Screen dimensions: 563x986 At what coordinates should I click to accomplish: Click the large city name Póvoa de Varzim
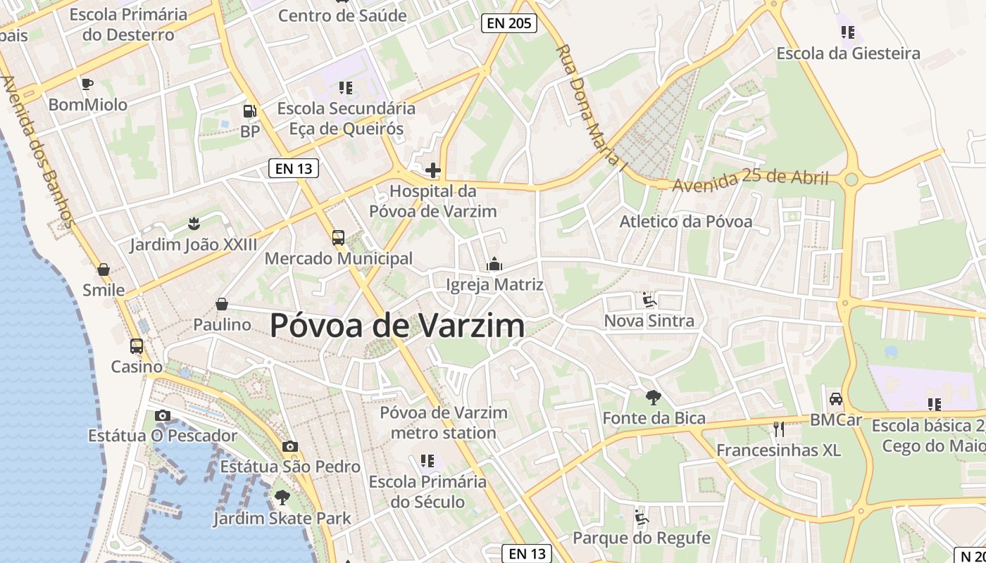397,325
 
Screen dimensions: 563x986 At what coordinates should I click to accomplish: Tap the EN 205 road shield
509,23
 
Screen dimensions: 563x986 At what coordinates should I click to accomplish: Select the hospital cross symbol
433,170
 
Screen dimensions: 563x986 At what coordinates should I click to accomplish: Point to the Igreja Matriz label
494,284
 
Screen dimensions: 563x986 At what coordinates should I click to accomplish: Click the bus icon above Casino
137,346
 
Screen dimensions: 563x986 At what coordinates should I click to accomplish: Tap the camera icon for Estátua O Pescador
163,415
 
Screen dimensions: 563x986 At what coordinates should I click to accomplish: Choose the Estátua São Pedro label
290,466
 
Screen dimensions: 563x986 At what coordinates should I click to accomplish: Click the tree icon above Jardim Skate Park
282,498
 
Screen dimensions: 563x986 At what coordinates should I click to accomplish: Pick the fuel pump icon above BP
250,110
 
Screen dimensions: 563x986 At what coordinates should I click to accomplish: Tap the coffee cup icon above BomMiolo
87,84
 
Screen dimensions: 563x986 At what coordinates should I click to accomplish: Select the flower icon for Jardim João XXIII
194,224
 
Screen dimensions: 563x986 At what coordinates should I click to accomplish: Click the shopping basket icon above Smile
104,270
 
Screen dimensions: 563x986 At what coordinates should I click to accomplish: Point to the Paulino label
222,324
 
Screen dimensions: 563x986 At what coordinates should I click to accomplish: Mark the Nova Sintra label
649,321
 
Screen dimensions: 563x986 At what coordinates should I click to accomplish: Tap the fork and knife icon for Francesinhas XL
778,429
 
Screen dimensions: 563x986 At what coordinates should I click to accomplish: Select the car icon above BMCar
836,399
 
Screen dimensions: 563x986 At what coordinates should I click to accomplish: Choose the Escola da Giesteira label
848,53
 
